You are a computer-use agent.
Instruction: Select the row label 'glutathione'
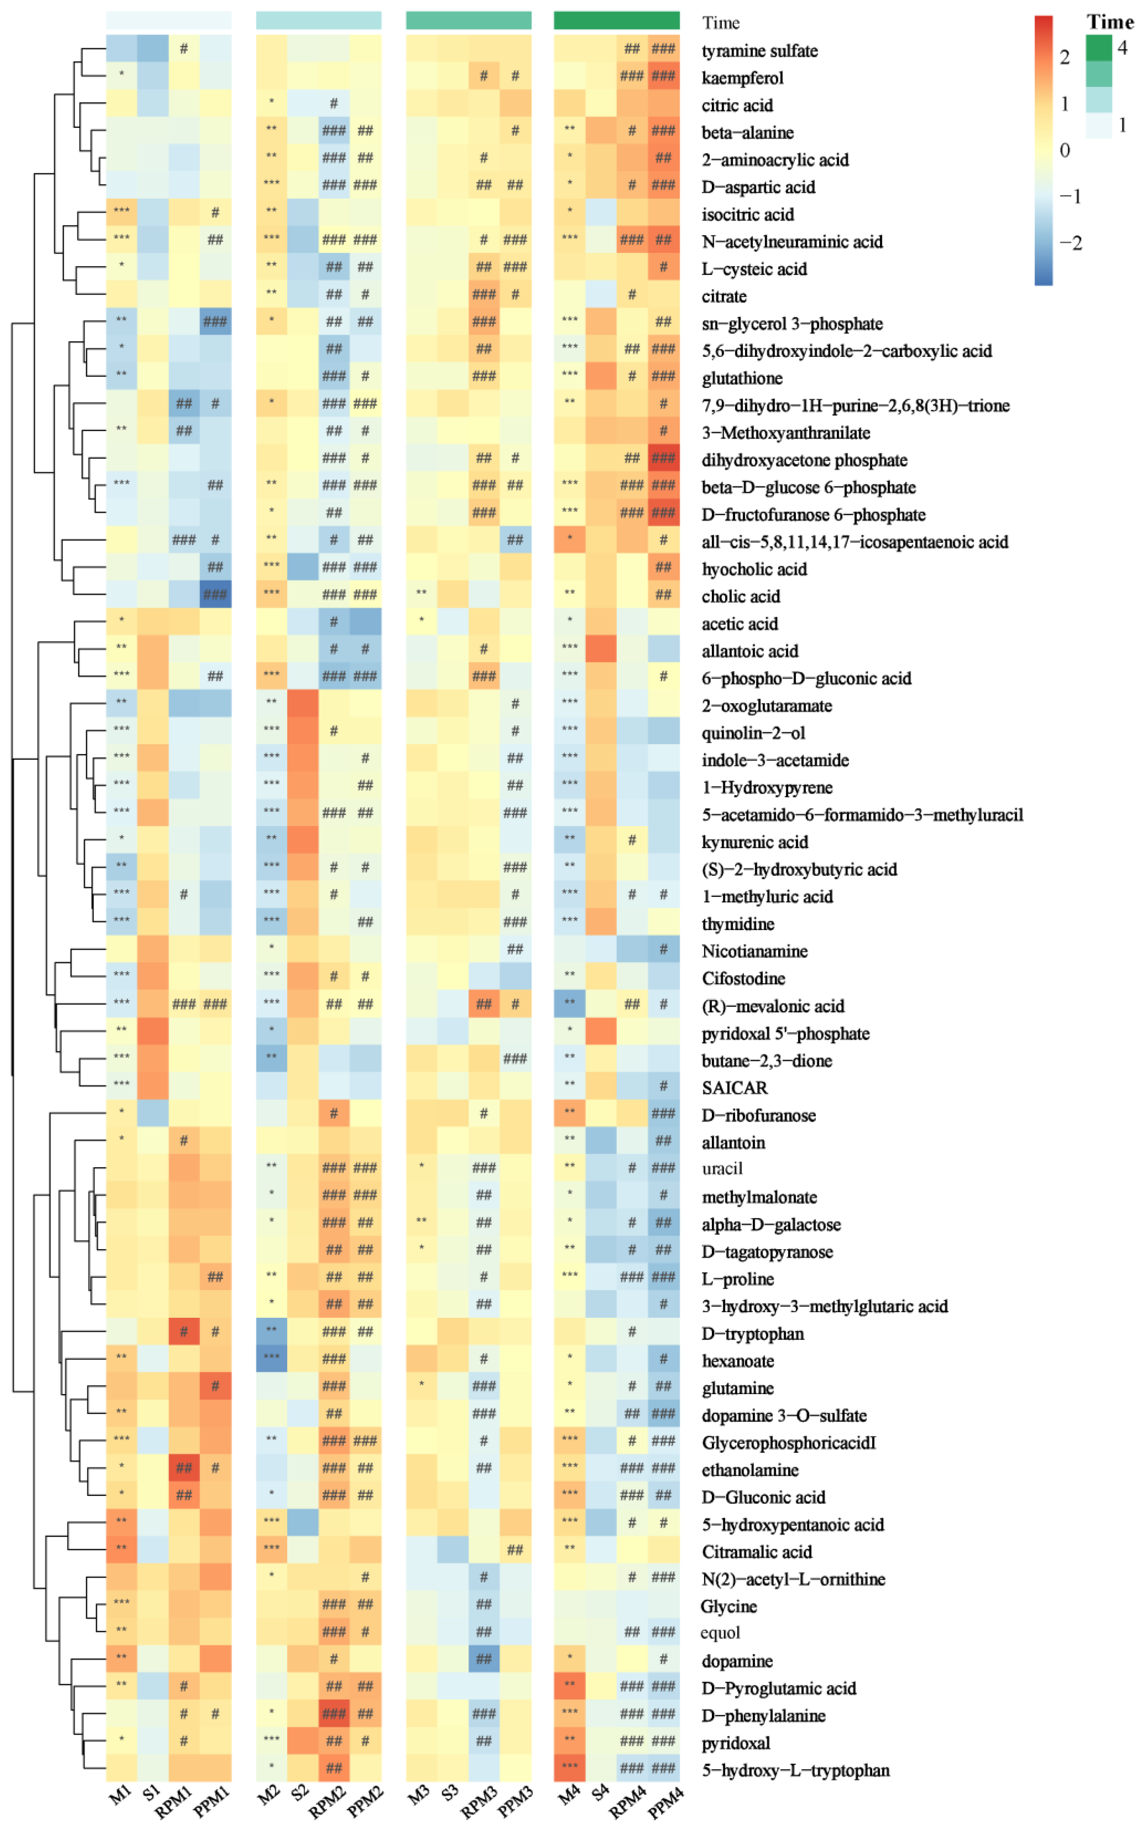(742, 378)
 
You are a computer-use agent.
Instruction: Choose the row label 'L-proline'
(737, 1278)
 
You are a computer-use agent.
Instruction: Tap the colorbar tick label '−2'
(1070, 243)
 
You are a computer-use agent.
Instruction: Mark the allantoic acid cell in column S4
(601, 649)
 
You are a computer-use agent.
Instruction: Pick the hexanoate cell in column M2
(272, 1358)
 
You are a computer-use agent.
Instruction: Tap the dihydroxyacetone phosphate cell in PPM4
(664, 458)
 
